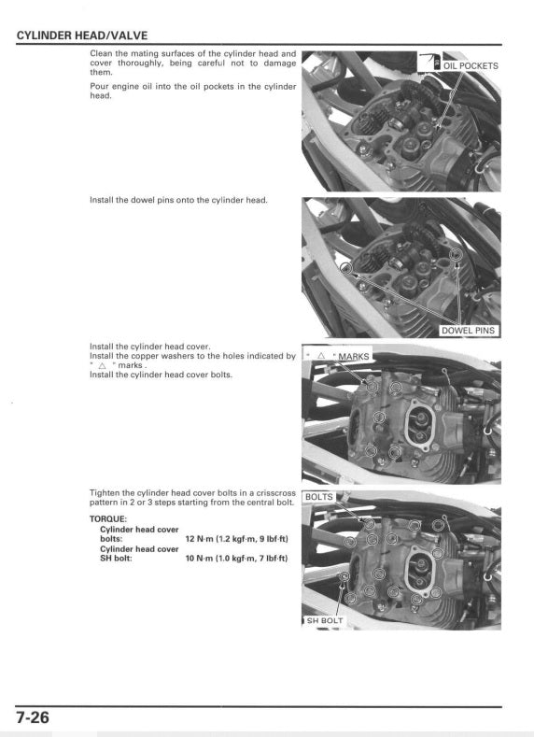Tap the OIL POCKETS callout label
[471, 65]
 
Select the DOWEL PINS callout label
[469, 330]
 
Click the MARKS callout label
[354, 357]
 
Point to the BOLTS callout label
[318, 497]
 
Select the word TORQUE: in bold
[107, 517]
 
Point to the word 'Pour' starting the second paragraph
[98, 86]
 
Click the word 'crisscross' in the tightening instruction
[276, 492]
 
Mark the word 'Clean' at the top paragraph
[100, 53]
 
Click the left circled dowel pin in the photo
[347, 268]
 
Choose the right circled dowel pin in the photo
[457, 255]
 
